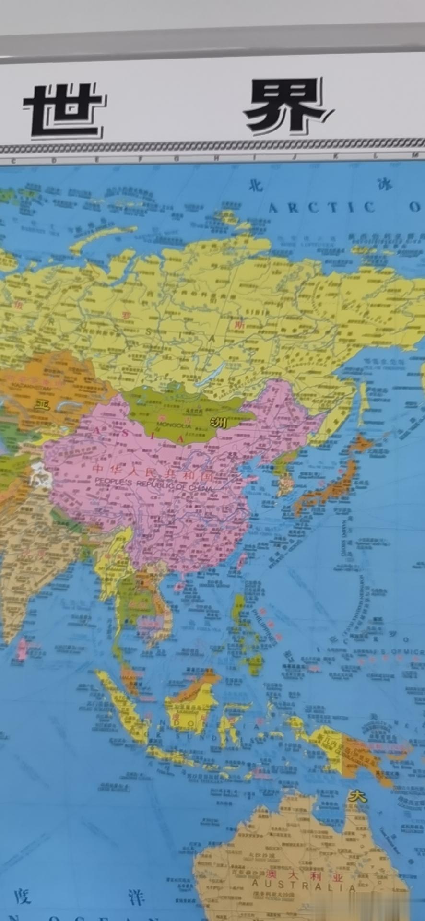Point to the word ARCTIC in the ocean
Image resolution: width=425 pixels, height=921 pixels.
point(321,207)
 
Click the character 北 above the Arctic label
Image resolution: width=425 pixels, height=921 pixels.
point(255,186)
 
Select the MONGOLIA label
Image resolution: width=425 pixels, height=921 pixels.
point(174,425)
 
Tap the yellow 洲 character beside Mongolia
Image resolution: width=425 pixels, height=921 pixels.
point(219,423)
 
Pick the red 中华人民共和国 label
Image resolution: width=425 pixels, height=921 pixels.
point(153,471)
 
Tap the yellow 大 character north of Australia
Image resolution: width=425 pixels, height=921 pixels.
point(357,797)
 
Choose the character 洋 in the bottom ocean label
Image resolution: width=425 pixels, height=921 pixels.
point(136,896)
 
